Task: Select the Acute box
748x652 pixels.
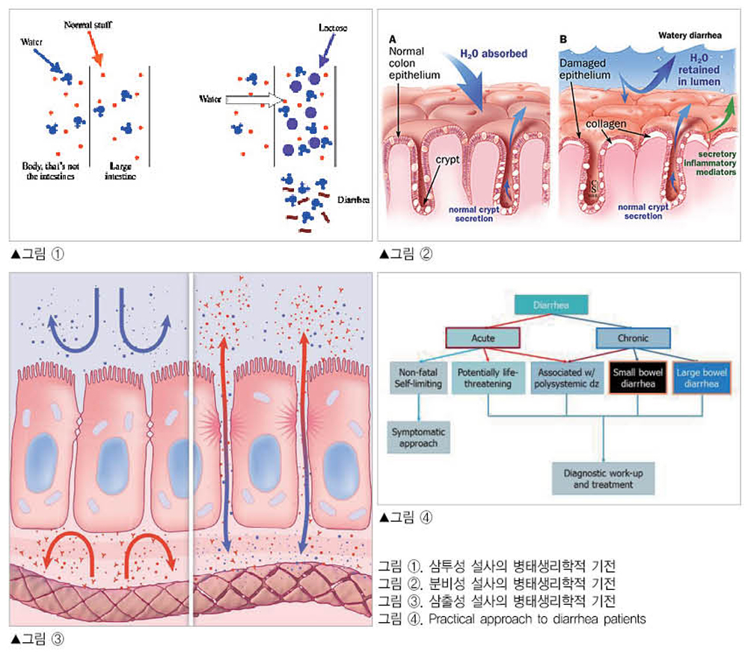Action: tap(482, 338)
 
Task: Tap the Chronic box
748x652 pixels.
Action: tap(633, 338)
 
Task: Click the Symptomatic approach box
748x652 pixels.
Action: tap(418, 436)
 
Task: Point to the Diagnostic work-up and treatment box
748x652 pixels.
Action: tap(603, 478)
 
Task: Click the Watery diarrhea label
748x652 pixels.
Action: tap(693, 35)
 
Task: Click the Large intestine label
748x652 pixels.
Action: tap(119, 170)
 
